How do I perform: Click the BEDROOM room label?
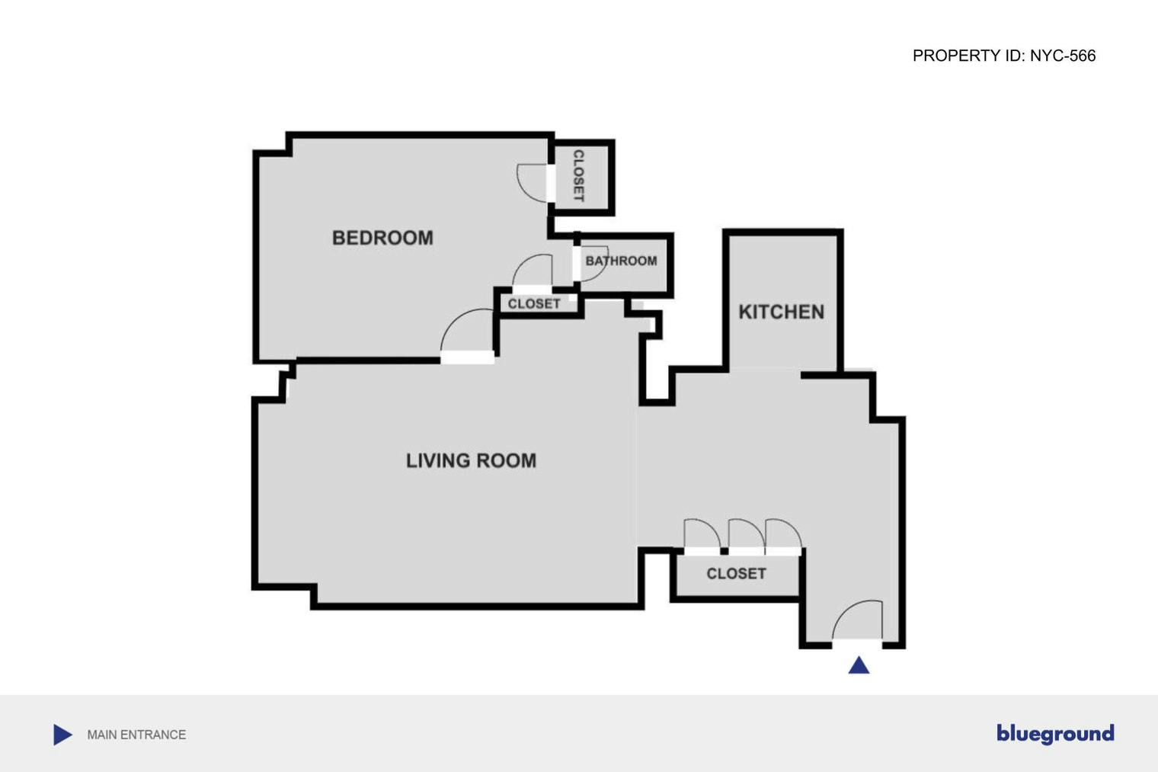[x=382, y=238]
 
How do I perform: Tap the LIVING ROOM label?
[x=471, y=460]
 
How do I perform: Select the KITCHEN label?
[x=781, y=312]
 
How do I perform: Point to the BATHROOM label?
[x=621, y=261]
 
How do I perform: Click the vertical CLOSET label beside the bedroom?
[x=578, y=176]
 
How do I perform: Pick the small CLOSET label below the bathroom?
[x=534, y=303]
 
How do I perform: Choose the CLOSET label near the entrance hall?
[x=736, y=573]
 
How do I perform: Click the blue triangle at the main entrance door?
[x=859, y=666]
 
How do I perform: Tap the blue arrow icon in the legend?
[x=62, y=735]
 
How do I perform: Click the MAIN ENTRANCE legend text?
[x=136, y=735]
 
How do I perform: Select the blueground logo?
[x=1055, y=733]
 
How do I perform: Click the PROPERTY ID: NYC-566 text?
[x=1003, y=56]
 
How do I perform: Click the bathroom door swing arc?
[x=593, y=263]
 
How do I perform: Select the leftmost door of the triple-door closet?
[x=701, y=534]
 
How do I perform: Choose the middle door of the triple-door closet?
[x=745, y=534]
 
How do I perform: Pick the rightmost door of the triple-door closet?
[x=783, y=534]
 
